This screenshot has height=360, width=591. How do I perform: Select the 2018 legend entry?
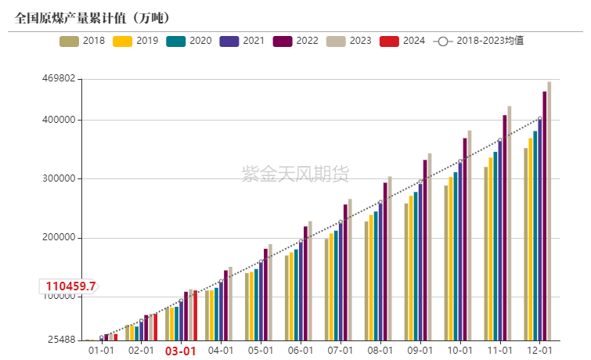point(82,41)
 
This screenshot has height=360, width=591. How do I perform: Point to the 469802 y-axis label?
point(58,79)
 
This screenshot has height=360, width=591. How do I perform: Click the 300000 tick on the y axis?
point(58,178)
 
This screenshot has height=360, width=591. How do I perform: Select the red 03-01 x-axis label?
point(181,351)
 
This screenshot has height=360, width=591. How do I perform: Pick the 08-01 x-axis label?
point(380,351)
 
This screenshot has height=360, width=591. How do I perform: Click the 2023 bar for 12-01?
point(550,211)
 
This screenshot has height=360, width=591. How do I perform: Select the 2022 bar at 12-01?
point(545,216)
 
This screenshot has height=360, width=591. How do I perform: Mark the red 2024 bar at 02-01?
point(156,327)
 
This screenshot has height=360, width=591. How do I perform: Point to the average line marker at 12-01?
point(539,119)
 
